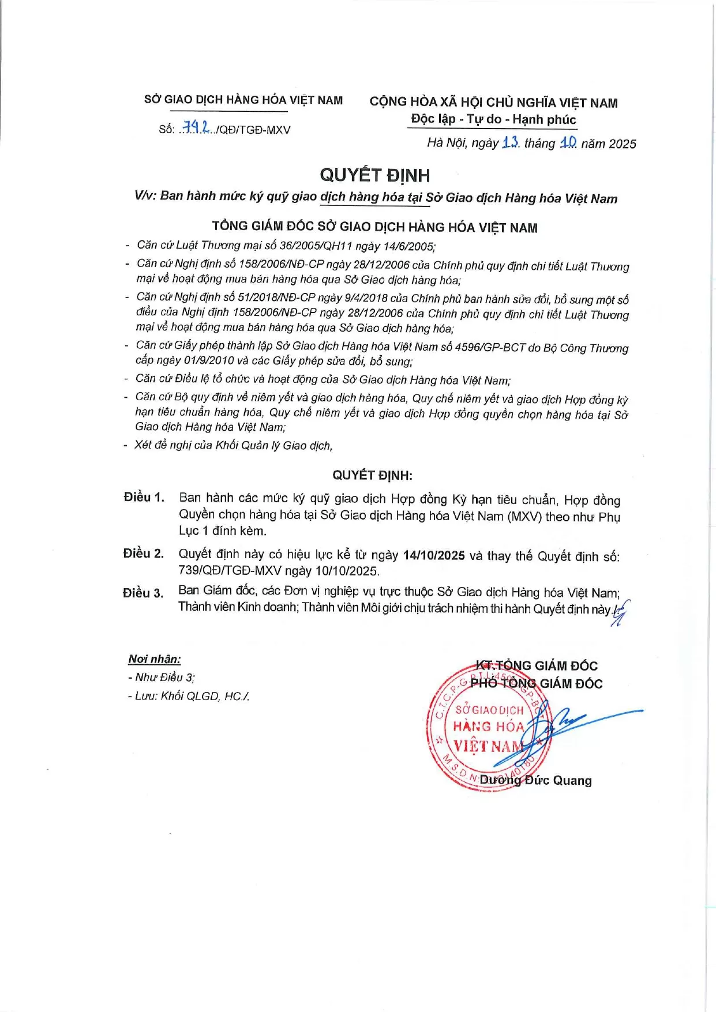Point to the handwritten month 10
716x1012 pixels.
(x=568, y=142)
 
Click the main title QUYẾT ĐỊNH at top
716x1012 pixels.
(x=374, y=175)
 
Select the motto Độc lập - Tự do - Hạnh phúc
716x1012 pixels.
(x=493, y=119)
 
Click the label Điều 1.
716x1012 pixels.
(x=144, y=497)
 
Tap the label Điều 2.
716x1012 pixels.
(x=143, y=554)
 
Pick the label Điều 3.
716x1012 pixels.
(x=143, y=593)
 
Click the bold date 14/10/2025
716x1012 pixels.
(x=434, y=555)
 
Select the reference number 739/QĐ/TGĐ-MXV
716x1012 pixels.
(x=230, y=571)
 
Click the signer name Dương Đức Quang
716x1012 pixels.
(x=535, y=780)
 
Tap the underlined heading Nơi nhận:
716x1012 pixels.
(x=154, y=659)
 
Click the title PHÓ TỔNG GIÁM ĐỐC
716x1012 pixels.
(x=536, y=683)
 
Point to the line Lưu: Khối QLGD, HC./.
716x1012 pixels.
(x=189, y=696)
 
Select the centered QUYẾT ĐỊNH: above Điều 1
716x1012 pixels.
(x=372, y=475)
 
